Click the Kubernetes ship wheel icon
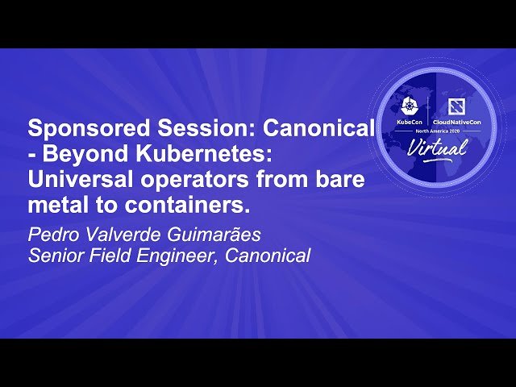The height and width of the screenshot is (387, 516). (408, 107)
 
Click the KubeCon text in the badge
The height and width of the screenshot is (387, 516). (408, 121)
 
